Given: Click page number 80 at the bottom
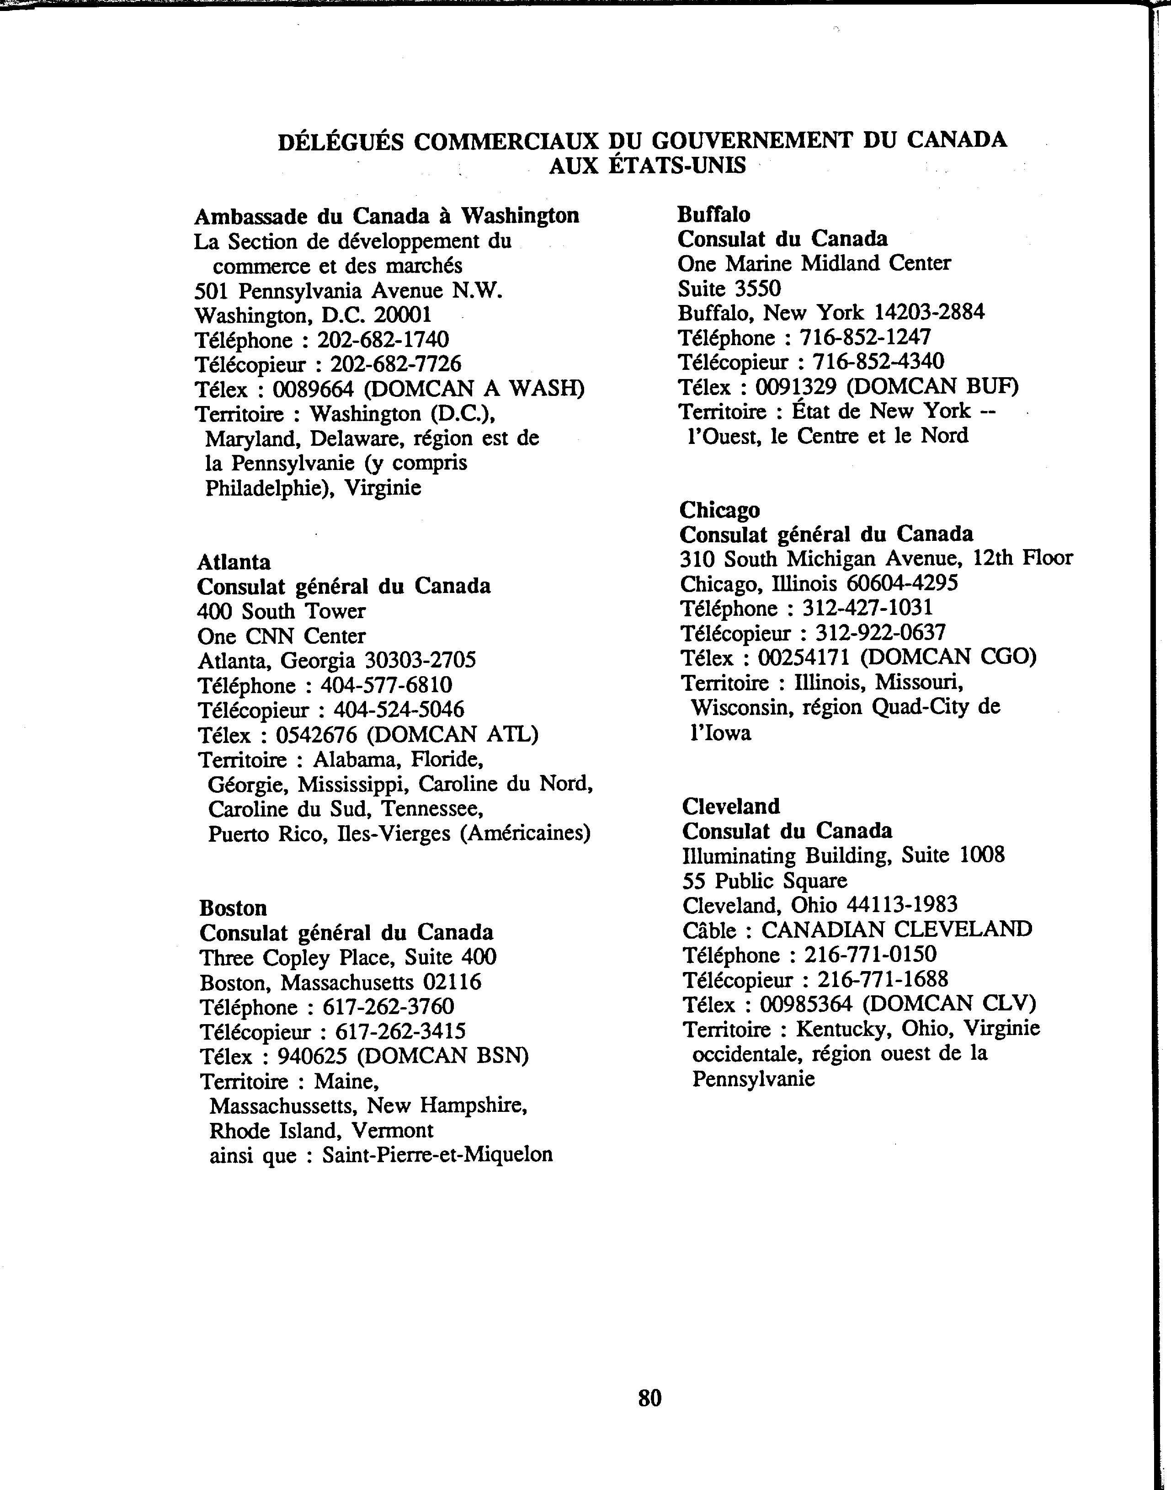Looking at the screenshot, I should (x=649, y=1398).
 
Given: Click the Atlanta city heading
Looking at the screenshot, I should (x=234, y=562).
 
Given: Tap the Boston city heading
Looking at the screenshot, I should (x=233, y=908).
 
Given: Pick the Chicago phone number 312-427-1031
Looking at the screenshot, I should (x=868, y=608).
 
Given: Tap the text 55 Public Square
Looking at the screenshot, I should (x=764, y=881).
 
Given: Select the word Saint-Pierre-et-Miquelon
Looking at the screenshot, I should (x=437, y=1155).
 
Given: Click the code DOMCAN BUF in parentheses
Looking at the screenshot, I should (x=932, y=387).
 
